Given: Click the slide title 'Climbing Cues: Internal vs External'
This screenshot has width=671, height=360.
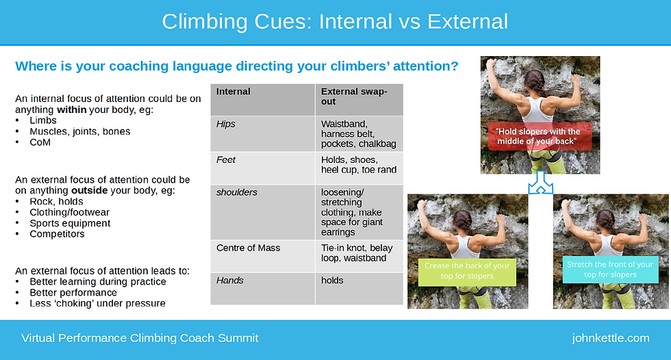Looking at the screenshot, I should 335,21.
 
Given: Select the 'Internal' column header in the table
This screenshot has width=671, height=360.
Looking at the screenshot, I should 233,92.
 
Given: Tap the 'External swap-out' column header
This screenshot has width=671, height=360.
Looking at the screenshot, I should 353,97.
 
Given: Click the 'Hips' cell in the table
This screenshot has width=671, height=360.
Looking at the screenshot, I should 227,124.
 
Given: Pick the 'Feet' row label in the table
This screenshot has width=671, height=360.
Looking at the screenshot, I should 226,159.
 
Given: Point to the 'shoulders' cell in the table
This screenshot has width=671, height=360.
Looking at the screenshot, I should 237,192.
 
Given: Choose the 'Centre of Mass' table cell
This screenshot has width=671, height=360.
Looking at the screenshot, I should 249,247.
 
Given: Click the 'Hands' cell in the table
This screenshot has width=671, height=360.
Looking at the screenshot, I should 229,280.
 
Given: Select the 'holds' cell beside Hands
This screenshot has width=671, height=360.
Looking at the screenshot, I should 333,280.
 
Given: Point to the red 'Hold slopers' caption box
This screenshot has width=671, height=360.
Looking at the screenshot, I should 540,136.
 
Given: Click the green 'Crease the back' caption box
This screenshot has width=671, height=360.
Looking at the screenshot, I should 466,270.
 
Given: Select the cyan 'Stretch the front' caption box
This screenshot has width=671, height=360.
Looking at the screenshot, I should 609,269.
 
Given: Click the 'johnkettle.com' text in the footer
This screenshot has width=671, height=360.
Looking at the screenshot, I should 610,338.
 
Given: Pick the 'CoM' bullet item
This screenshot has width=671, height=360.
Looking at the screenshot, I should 40,142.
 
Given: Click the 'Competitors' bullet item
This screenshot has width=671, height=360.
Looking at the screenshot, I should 57,234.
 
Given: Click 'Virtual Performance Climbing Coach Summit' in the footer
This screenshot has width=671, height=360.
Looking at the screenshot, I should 140,338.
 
